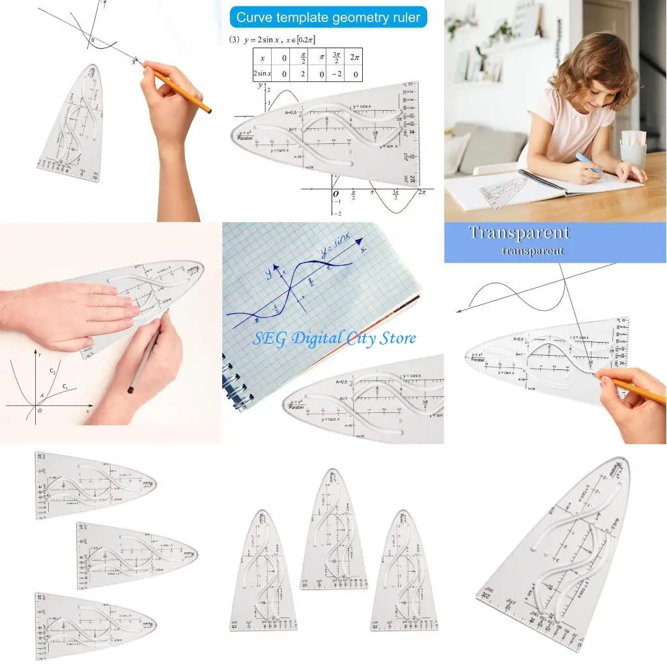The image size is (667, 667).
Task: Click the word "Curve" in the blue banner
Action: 257,18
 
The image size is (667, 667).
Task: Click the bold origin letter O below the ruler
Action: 335,194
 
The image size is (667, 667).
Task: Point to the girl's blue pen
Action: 590,166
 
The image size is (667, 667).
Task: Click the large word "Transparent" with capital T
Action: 519,233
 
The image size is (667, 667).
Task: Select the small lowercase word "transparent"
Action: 532,251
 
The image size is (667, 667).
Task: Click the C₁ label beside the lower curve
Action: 65,387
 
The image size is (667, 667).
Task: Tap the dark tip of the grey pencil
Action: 131,390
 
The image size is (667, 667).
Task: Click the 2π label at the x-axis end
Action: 421,193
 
